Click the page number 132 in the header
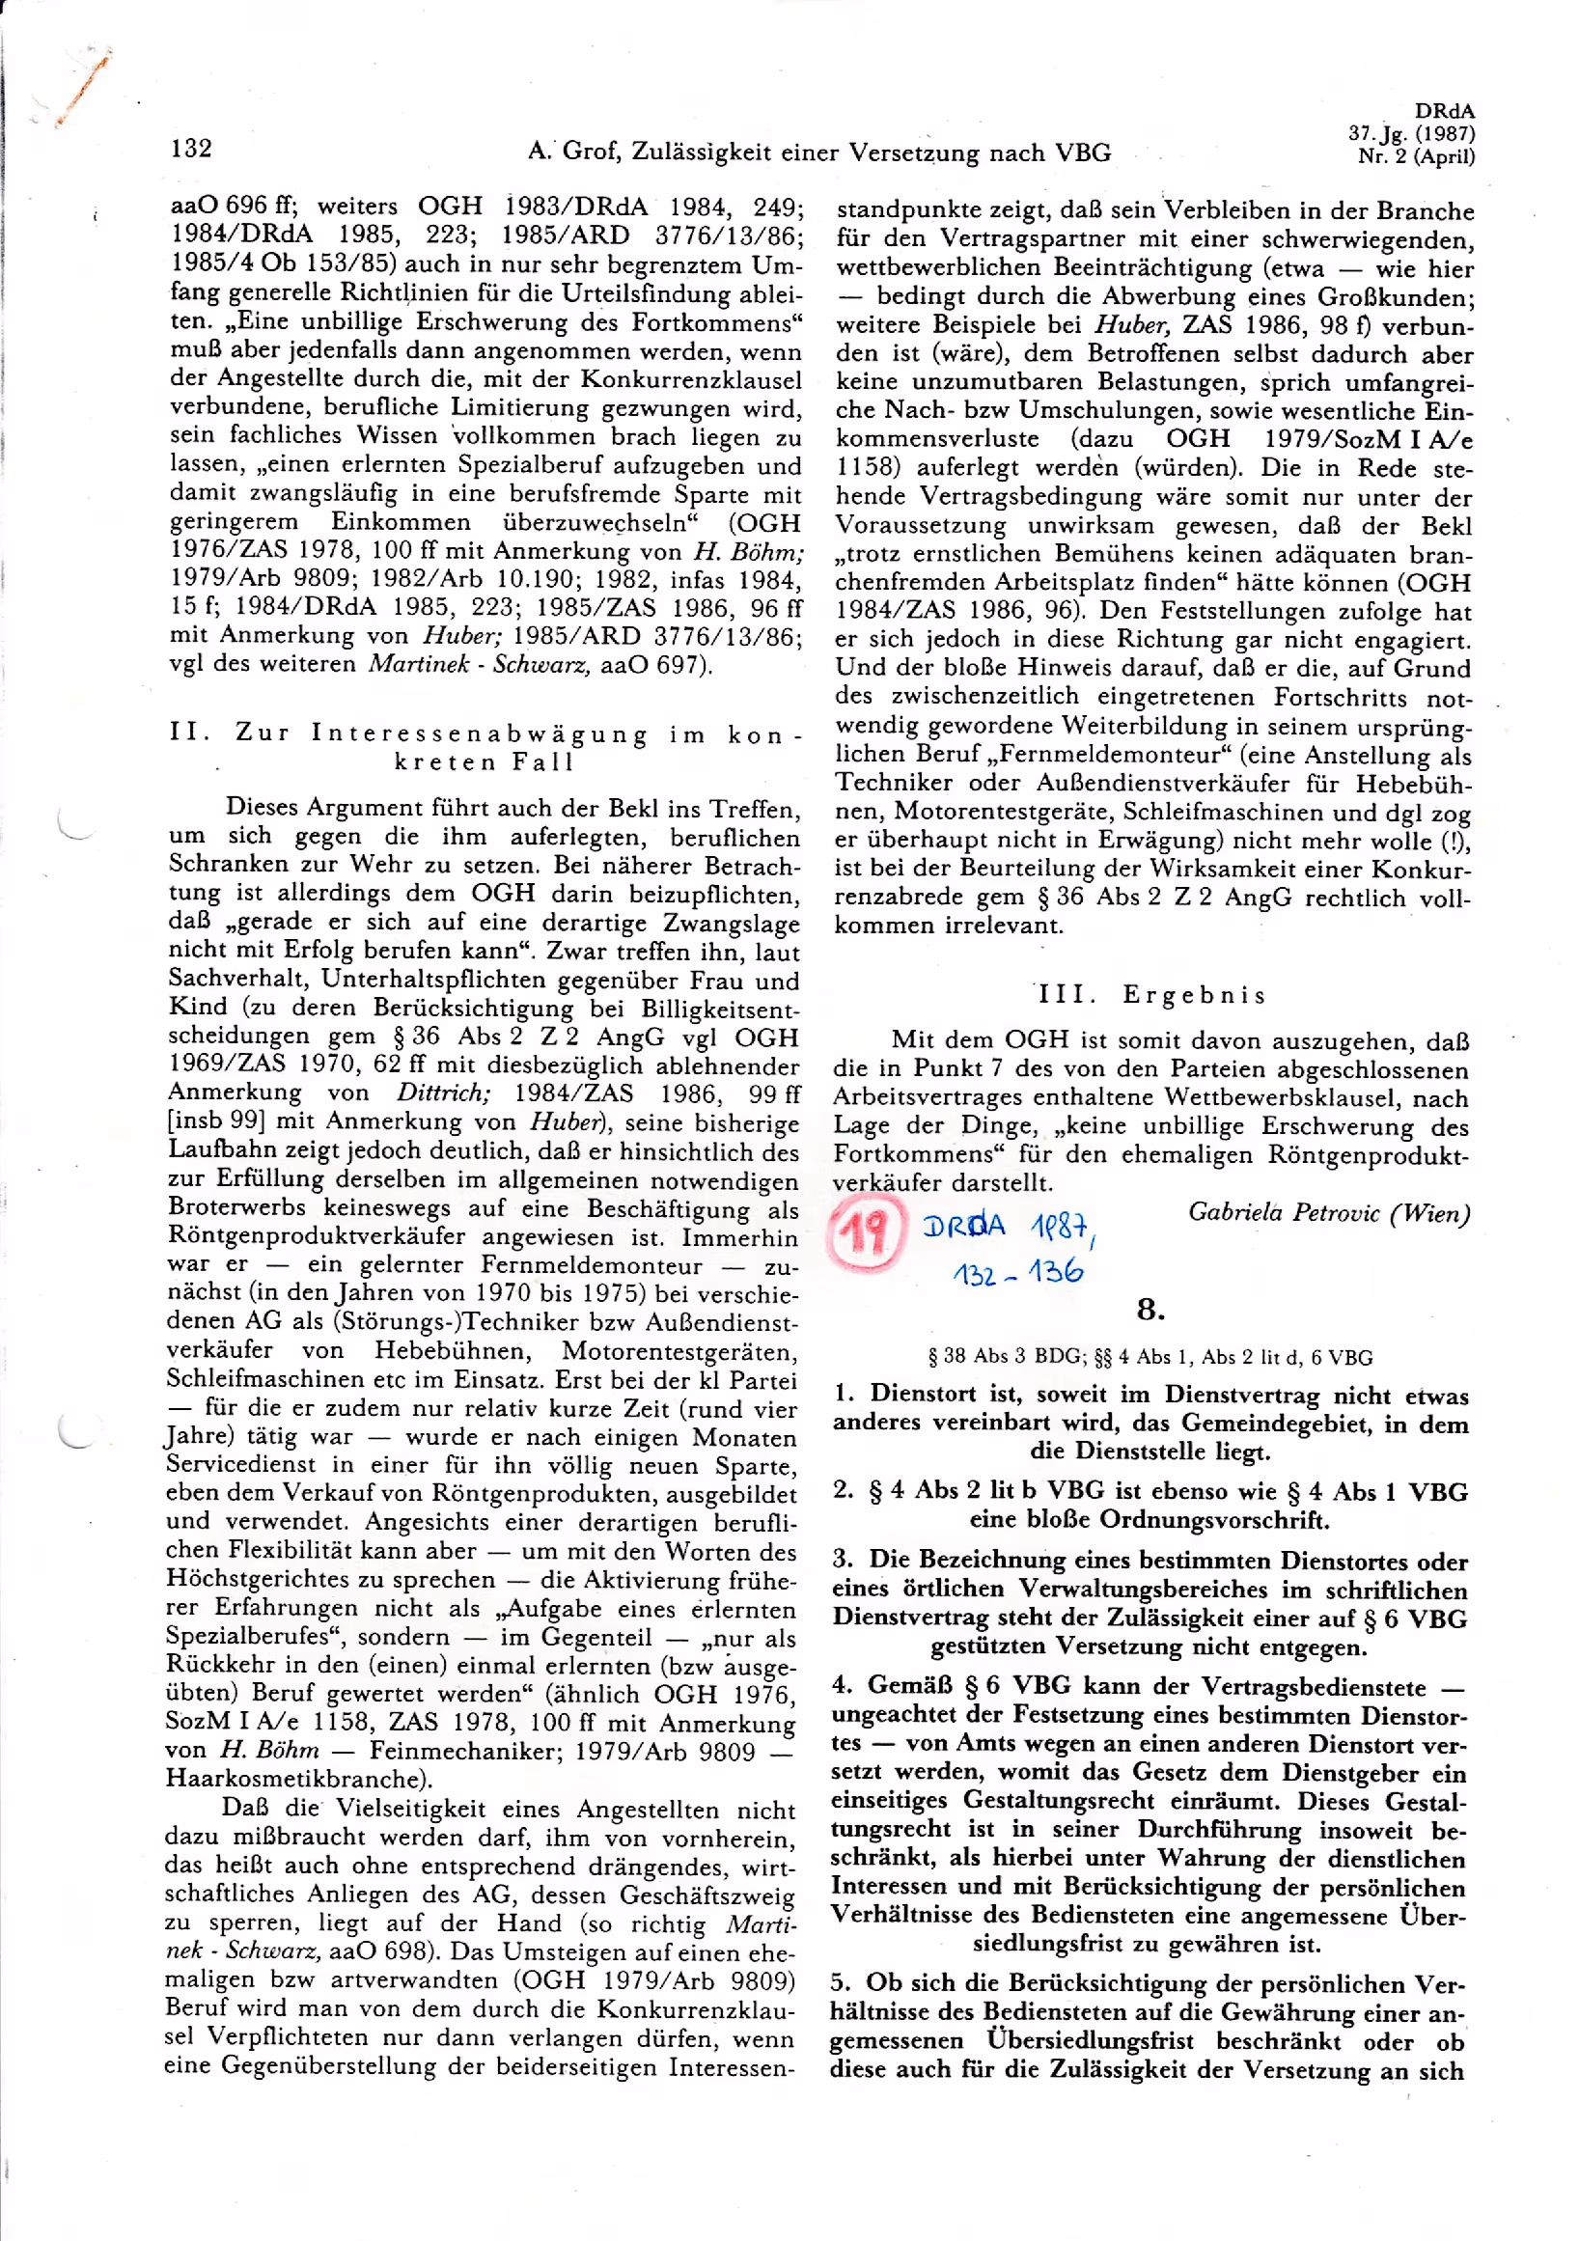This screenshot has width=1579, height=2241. point(191,148)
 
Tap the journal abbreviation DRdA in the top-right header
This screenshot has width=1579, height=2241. point(1444,111)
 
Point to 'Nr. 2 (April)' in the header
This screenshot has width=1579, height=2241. point(1416,156)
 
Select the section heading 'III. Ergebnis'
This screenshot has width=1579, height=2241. point(1151,995)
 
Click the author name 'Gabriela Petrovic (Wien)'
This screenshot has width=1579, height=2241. point(1328,1213)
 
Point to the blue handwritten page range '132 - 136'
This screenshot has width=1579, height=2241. point(1018,1271)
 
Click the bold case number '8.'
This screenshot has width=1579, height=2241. point(1151,1309)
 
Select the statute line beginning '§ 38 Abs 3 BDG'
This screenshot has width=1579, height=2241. point(1150,1357)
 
